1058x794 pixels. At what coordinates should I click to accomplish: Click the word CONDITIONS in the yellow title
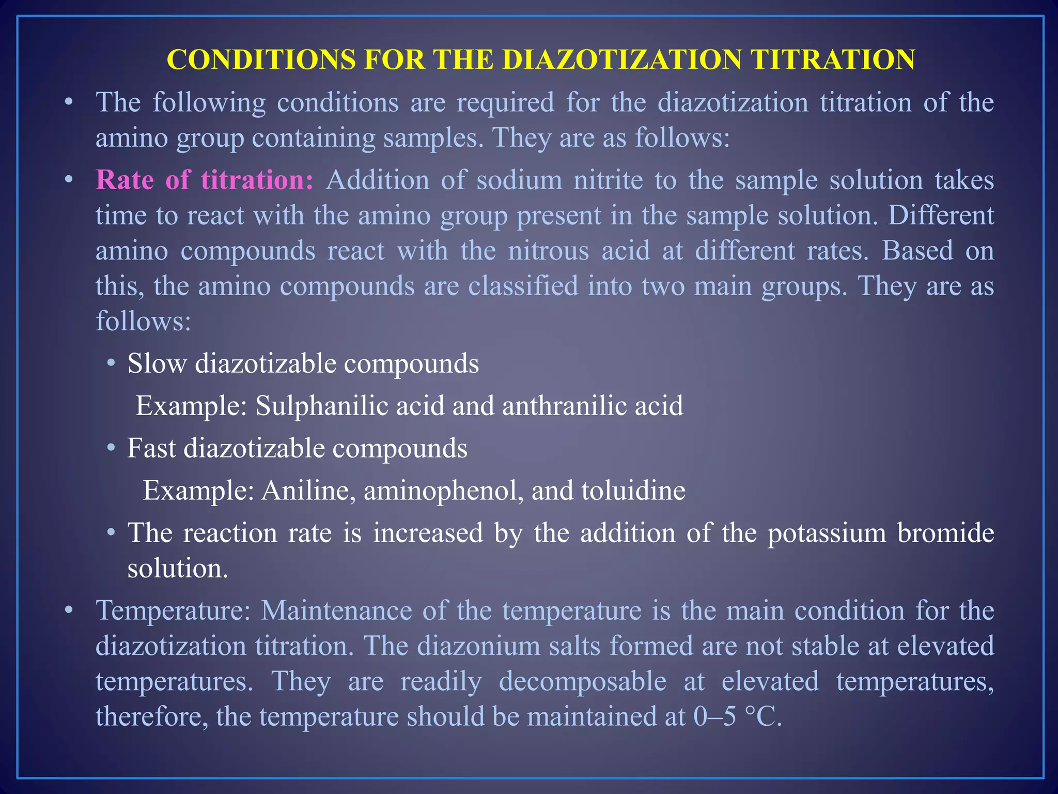tap(261, 59)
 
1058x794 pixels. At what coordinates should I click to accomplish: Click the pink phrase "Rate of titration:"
tap(205, 180)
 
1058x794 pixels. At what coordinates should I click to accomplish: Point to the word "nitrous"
tap(549, 251)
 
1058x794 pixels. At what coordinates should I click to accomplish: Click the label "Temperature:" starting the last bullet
tap(173, 611)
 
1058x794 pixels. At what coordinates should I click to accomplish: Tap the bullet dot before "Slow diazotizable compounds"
tap(111, 363)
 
